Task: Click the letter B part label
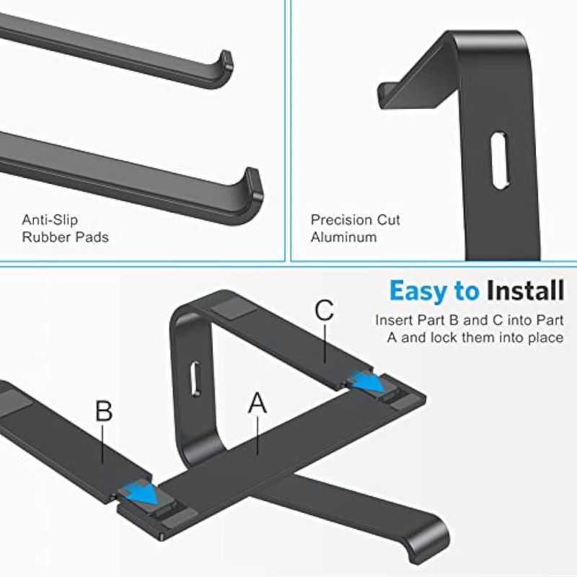(104, 410)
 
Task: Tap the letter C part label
(324, 310)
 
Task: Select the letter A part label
(257, 402)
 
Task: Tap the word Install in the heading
(526, 291)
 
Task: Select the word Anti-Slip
(50, 220)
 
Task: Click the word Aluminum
(344, 237)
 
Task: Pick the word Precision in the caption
(338, 220)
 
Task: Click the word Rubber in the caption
(43, 237)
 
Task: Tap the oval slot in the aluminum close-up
(500, 161)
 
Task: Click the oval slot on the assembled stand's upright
(195, 379)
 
